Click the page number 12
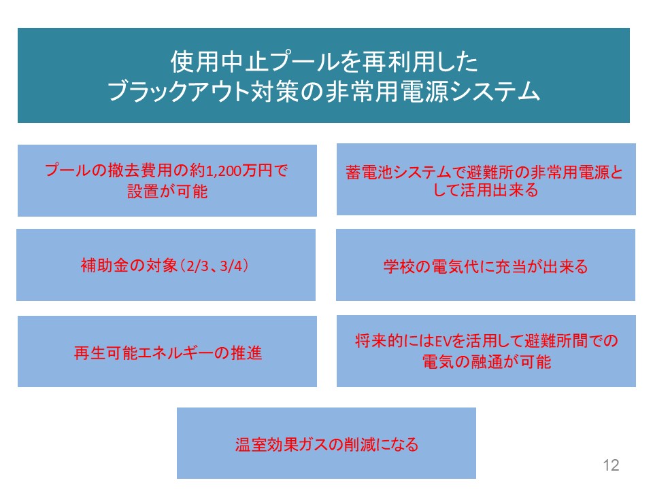point(611,465)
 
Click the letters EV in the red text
point(443,342)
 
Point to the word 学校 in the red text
point(399,266)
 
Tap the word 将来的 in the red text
point(379,341)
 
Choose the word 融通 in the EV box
point(487,362)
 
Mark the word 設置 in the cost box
point(143,192)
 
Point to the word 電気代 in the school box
point(454,266)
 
